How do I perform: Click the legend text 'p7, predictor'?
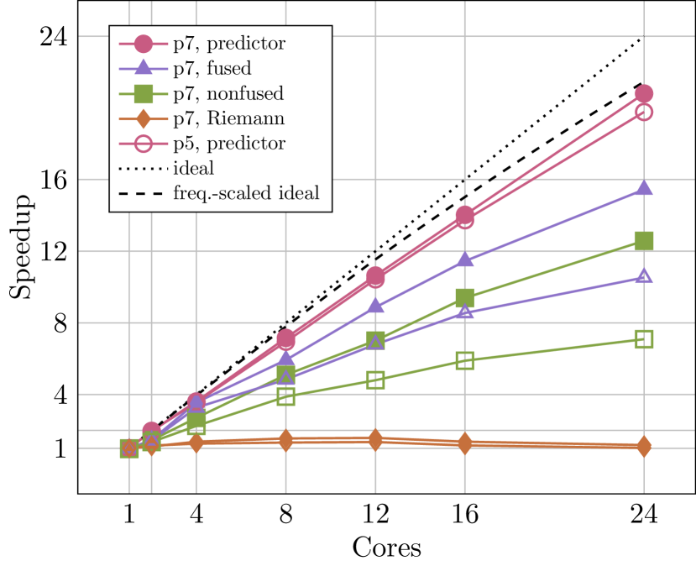click(228, 44)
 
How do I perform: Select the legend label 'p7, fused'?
click(212, 68)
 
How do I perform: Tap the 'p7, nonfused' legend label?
click(228, 93)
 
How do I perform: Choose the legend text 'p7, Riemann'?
click(228, 118)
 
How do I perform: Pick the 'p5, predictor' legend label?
click(228, 144)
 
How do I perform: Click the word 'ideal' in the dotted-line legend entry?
click(193, 168)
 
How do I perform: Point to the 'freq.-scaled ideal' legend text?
click(246, 193)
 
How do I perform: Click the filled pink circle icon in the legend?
click(144, 44)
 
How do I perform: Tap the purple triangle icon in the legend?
click(144, 68)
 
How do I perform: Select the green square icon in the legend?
click(144, 93)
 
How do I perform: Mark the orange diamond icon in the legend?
click(144, 118)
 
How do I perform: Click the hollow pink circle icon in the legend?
click(144, 144)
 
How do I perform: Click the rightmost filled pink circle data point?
click(644, 94)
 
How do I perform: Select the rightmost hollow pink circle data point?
click(644, 113)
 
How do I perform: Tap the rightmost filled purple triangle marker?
click(644, 188)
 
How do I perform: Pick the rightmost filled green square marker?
click(644, 241)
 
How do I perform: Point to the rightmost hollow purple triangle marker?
click(644, 276)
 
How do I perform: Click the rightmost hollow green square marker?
click(644, 339)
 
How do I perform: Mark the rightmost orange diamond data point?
click(644, 447)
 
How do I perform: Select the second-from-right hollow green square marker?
click(465, 360)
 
